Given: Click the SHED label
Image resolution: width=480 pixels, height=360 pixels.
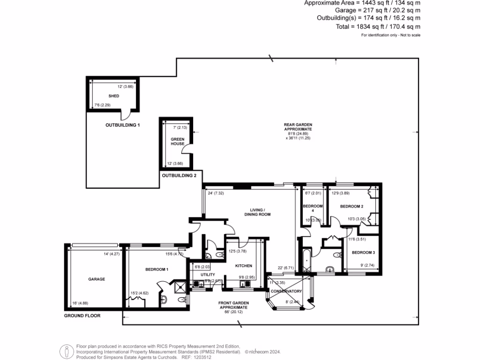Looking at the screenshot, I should (114, 96).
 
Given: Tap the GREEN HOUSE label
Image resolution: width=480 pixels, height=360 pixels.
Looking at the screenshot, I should (177, 142).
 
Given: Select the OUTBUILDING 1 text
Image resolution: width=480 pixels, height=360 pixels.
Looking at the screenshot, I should (123, 125).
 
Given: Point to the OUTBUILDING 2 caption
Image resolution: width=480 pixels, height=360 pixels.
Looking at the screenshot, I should (179, 175).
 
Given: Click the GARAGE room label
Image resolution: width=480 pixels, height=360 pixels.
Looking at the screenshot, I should (97, 279).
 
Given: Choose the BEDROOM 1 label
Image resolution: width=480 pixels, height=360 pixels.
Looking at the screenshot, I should (157, 270).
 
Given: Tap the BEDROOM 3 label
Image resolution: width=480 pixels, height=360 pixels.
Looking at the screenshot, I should (363, 253).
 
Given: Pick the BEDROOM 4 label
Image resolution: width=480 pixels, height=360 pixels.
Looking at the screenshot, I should (313, 206).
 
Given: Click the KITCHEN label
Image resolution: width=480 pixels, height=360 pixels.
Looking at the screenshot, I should (243, 266).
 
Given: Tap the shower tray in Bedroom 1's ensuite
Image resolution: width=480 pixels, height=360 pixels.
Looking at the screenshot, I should (180, 286).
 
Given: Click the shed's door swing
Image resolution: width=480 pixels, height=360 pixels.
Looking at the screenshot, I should (126, 114).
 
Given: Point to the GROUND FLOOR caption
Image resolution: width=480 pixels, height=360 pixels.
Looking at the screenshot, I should (82, 316).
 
